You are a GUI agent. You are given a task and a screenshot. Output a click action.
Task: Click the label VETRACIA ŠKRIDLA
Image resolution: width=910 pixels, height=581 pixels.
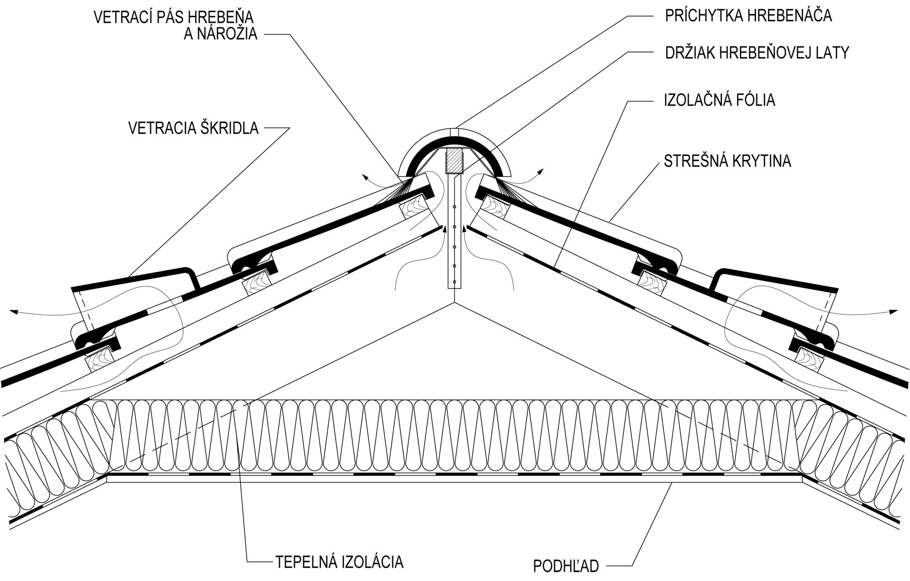[193, 128]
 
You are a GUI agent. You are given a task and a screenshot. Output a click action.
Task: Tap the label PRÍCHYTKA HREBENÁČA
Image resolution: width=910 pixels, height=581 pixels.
[748, 16]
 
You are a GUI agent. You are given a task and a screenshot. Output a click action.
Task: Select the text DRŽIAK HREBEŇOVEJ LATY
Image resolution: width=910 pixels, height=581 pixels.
[756, 53]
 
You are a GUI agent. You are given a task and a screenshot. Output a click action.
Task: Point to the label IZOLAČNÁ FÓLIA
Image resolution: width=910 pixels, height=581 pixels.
[719, 100]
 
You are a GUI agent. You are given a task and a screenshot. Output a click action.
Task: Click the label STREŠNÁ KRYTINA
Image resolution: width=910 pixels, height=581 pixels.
[727, 161]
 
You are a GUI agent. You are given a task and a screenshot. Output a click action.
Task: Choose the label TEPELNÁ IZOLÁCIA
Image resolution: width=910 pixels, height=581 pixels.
[339, 562]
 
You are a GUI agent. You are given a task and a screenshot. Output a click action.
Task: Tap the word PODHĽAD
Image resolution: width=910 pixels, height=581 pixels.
[566, 566]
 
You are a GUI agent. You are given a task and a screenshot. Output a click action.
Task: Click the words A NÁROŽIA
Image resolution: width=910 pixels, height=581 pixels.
[220, 34]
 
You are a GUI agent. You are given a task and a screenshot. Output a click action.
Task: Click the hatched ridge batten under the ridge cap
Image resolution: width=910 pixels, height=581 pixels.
[453, 161]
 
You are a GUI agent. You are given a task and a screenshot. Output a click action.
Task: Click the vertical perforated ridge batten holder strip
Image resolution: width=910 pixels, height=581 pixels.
[454, 237]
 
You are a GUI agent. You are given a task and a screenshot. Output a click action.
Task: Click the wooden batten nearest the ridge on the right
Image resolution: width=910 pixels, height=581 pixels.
[492, 206]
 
